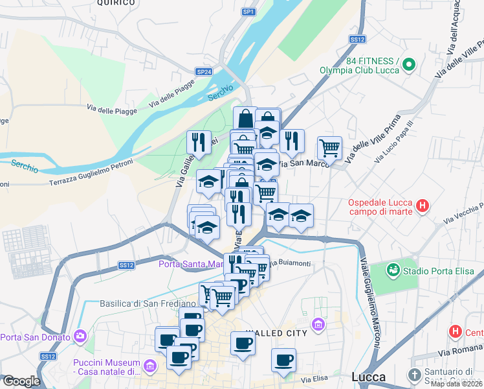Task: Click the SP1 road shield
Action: pos(248,12)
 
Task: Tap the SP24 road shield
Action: pos(204,72)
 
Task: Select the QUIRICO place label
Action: pos(116,3)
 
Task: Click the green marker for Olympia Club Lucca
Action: pos(408,65)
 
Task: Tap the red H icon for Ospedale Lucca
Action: pos(423,206)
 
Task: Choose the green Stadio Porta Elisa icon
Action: pos(393,269)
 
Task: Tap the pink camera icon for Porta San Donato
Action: pos(80,336)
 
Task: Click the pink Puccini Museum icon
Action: pos(151,366)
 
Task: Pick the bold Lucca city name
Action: pos(368,377)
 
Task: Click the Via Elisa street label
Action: pos(311,379)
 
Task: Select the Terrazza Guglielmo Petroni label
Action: pos(91,174)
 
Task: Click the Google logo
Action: pos(21,381)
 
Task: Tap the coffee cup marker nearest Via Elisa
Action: pos(283,360)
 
